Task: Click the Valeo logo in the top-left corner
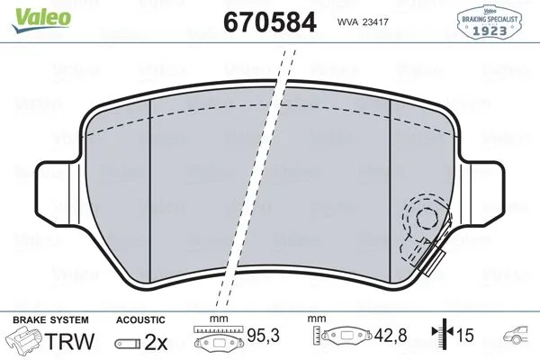(29, 11)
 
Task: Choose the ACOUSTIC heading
(140, 319)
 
